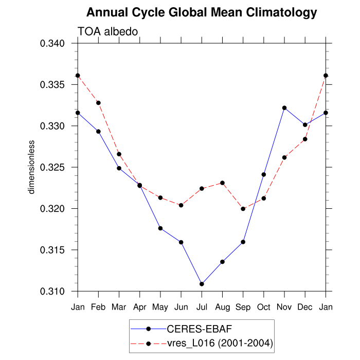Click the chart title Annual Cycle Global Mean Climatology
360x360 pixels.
click(201, 12)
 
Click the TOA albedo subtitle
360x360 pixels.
click(108, 32)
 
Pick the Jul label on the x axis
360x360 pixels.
click(202, 307)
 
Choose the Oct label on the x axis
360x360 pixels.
click(263, 307)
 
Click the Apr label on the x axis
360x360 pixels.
click(139, 307)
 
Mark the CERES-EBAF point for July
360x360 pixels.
click(202, 284)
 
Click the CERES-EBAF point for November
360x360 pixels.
click(284, 107)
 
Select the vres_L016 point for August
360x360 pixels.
click(222, 183)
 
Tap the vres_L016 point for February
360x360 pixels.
click(98, 103)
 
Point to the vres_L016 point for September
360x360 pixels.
click(243, 209)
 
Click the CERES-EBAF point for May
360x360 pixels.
click(160, 228)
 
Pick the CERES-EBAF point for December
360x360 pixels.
click(305, 124)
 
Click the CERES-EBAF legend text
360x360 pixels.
click(193, 329)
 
